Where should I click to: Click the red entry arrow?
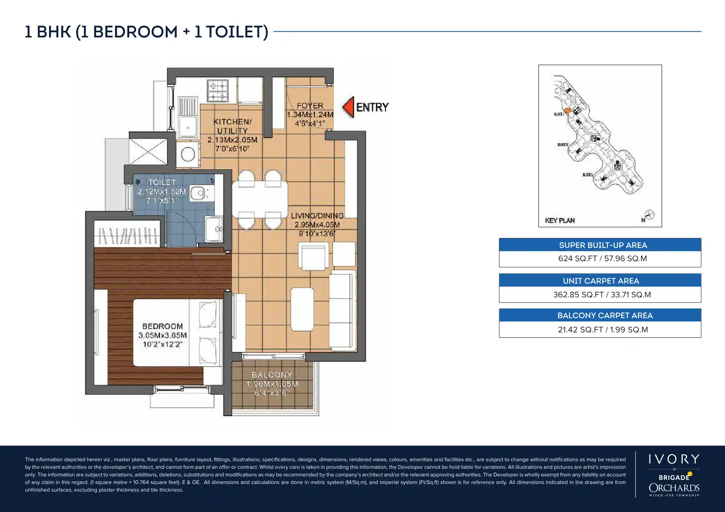[348, 107]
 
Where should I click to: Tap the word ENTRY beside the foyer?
[372, 107]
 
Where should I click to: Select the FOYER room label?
[310, 106]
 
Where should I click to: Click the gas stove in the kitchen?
[218, 90]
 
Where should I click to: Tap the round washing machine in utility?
[188, 154]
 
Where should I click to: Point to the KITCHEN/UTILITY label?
[232, 126]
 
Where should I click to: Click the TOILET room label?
[162, 182]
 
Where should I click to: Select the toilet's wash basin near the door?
[214, 229]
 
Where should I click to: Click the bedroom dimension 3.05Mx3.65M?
[162, 335]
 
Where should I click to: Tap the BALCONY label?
[271, 375]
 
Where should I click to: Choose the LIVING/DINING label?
[317, 216]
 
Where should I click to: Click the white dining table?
[260, 199]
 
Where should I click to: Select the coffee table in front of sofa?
[302, 309]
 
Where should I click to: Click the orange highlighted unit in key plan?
[568, 111]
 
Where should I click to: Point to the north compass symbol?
[649, 215]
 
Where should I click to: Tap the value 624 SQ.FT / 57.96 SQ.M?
[602, 259]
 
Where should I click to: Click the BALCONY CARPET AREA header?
[604, 315]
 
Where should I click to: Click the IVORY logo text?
[674, 459]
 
